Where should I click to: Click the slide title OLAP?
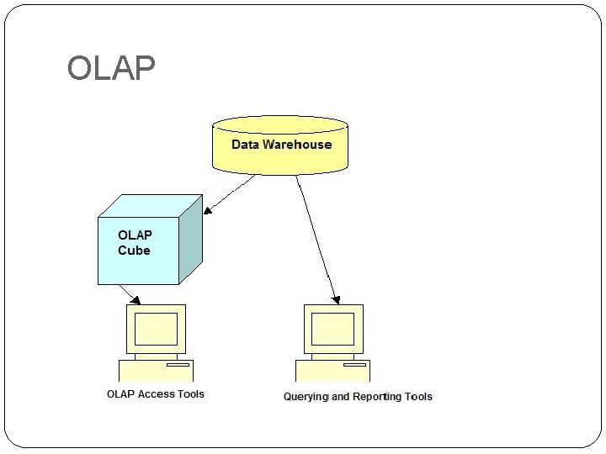(111, 68)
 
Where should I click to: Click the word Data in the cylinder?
(245, 145)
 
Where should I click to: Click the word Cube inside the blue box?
(134, 251)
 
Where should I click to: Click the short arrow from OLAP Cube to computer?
(130, 294)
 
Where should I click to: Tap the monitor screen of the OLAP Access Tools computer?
(156, 328)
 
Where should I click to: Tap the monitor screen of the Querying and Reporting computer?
(332, 328)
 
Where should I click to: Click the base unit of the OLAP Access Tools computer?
(156, 371)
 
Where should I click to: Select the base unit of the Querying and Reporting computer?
(332, 371)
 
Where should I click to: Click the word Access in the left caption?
(157, 393)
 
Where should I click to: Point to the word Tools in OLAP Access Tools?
(190, 393)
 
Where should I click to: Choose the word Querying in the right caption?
(306, 397)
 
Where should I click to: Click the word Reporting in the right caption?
(377, 397)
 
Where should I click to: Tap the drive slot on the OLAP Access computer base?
(178, 366)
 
